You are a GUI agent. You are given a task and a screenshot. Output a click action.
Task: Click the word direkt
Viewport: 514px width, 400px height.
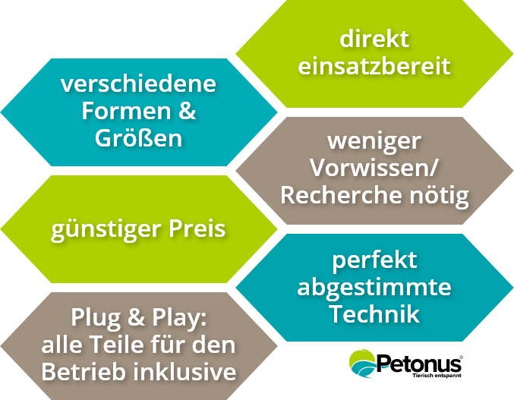pyautogui.click(x=374, y=39)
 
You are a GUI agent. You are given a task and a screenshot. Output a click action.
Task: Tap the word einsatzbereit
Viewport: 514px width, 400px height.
pyautogui.click(x=374, y=65)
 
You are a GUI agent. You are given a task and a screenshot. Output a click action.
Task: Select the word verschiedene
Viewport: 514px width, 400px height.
pyautogui.click(x=138, y=84)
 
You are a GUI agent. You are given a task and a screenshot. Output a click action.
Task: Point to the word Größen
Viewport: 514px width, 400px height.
pyautogui.click(x=138, y=139)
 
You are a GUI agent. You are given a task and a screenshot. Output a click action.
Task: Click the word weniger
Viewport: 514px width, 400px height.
pyautogui.click(x=374, y=142)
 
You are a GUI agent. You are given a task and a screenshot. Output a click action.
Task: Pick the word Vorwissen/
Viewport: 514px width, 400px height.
pyautogui.click(x=374, y=169)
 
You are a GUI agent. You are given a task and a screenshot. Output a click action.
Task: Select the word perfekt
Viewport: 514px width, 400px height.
pyautogui.click(x=374, y=260)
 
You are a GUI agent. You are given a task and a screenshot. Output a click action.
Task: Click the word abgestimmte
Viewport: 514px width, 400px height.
pyautogui.click(x=374, y=288)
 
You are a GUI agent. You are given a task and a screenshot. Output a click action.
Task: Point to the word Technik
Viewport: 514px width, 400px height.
pyautogui.click(x=374, y=313)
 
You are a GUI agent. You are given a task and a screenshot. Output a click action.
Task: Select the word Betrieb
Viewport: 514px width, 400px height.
pyautogui.click(x=81, y=372)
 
